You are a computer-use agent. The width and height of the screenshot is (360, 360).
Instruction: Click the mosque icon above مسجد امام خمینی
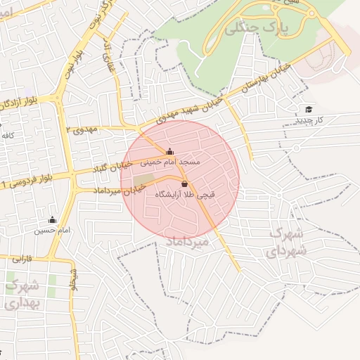tap(169, 151)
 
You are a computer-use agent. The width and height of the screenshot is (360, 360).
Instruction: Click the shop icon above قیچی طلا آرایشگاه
tap(184, 184)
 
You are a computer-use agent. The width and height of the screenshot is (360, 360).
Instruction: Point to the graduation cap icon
tap(309, 109)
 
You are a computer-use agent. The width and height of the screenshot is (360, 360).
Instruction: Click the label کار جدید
tap(309, 120)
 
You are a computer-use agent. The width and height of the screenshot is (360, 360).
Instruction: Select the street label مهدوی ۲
tap(84, 130)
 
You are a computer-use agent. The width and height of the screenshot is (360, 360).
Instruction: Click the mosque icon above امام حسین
tap(52, 219)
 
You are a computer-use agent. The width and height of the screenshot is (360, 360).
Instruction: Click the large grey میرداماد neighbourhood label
tap(186, 242)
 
